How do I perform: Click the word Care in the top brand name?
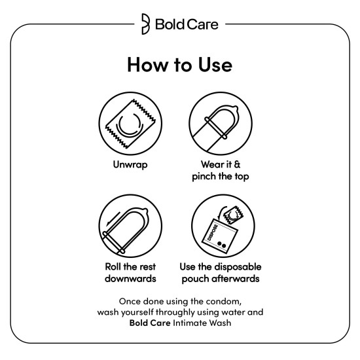coord(203,26)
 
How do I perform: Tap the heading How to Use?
coord(179,65)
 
